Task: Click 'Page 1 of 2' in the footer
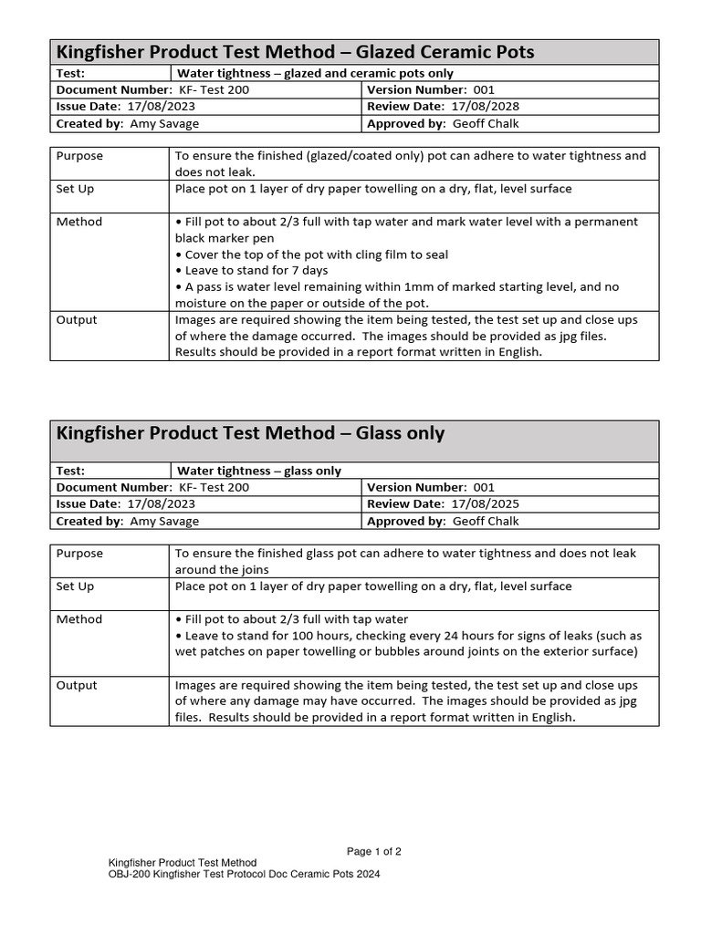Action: (x=374, y=852)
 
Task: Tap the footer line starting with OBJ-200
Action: (x=244, y=874)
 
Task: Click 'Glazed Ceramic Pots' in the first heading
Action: (x=445, y=52)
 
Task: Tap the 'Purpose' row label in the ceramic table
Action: (x=79, y=156)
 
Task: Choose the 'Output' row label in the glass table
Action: (x=77, y=685)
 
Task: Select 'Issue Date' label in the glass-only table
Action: (x=88, y=504)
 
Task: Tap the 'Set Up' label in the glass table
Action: (x=75, y=586)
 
